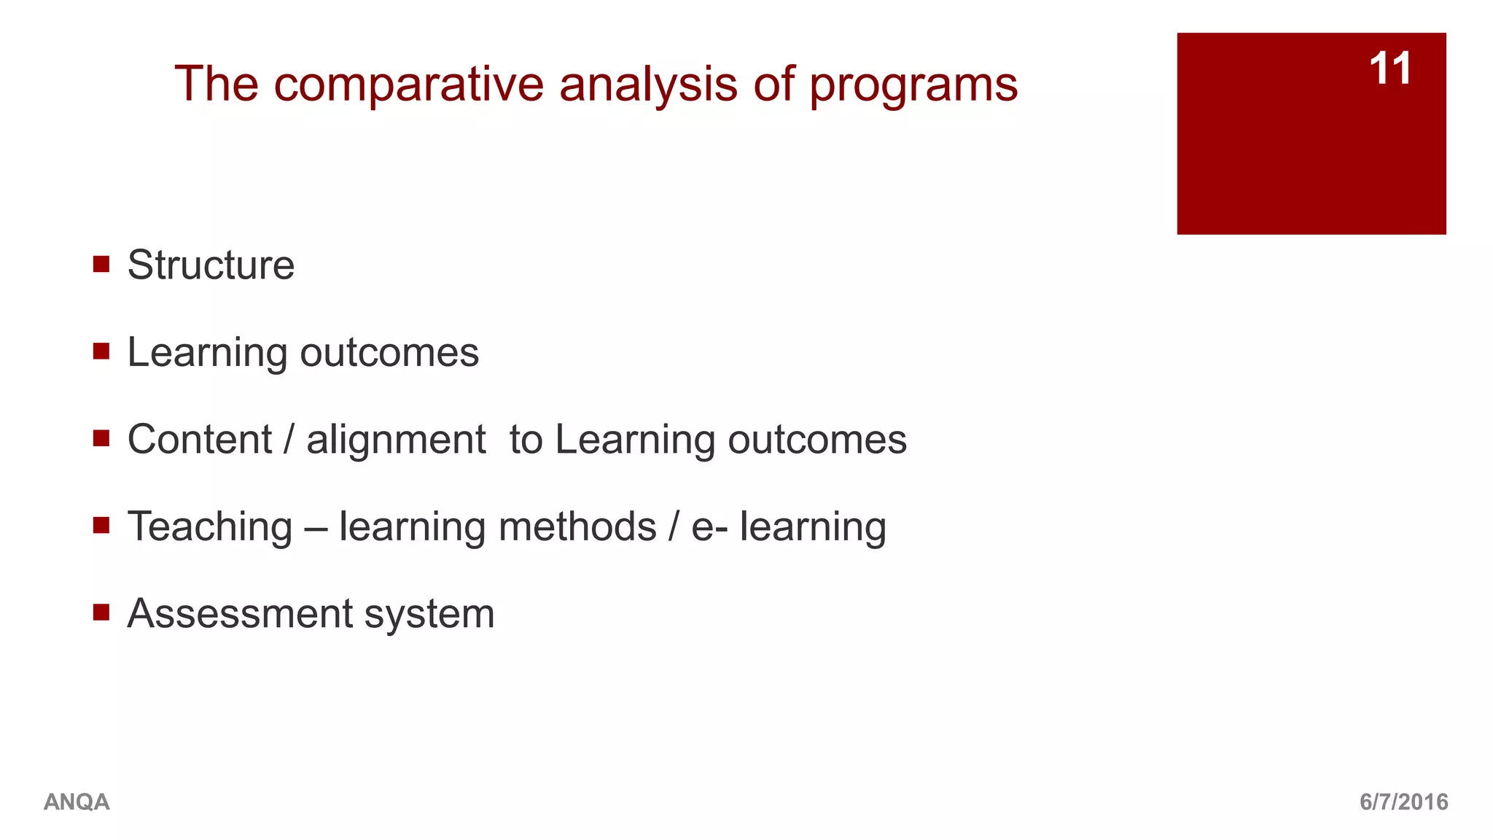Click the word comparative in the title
(x=409, y=85)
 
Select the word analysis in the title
(x=648, y=85)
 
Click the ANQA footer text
(x=77, y=802)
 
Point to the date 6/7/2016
(x=1403, y=802)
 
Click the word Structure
(x=211, y=265)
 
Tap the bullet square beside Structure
(x=101, y=264)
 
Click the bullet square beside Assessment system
(x=101, y=612)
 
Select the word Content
(x=200, y=440)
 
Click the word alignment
(x=396, y=440)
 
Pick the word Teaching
(x=210, y=526)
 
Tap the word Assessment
(x=240, y=613)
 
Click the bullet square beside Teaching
(x=101, y=525)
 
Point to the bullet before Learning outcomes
(x=101, y=351)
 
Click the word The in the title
(x=217, y=85)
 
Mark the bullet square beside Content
(x=101, y=438)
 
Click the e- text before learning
(x=709, y=526)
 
